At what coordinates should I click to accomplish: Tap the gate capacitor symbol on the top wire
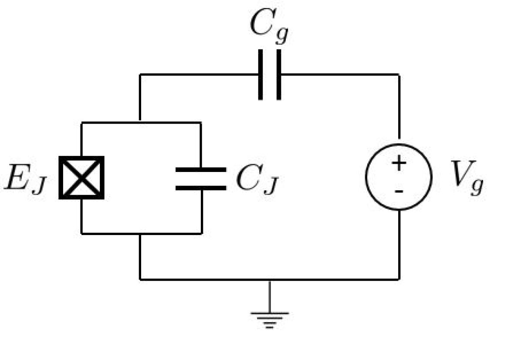pyautogui.click(x=270, y=75)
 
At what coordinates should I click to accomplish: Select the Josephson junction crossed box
pyautogui.click(x=81, y=178)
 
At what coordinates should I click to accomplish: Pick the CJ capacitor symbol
pyautogui.click(x=201, y=178)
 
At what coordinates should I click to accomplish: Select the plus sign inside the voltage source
pyautogui.click(x=399, y=164)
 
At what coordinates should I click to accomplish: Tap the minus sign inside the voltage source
pyautogui.click(x=399, y=191)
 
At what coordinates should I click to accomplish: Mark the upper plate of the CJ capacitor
pyautogui.click(x=201, y=170)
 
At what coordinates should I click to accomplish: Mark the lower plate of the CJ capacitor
pyautogui.click(x=201, y=188)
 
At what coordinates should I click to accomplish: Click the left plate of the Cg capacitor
pyautogui.click(x=261, y=75)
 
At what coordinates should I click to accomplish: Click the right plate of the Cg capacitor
pyautogui.click(x=278, y=75)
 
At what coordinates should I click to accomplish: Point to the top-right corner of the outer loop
pyautogui.click(x=399, y=75)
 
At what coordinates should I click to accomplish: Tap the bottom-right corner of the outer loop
pyautogui.click(x=399, y=279)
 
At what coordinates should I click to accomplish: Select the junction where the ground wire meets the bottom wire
pyautogui.click(x=269, y=279)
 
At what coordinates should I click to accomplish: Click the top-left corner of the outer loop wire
pyautogui.click(x=140, y=75)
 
